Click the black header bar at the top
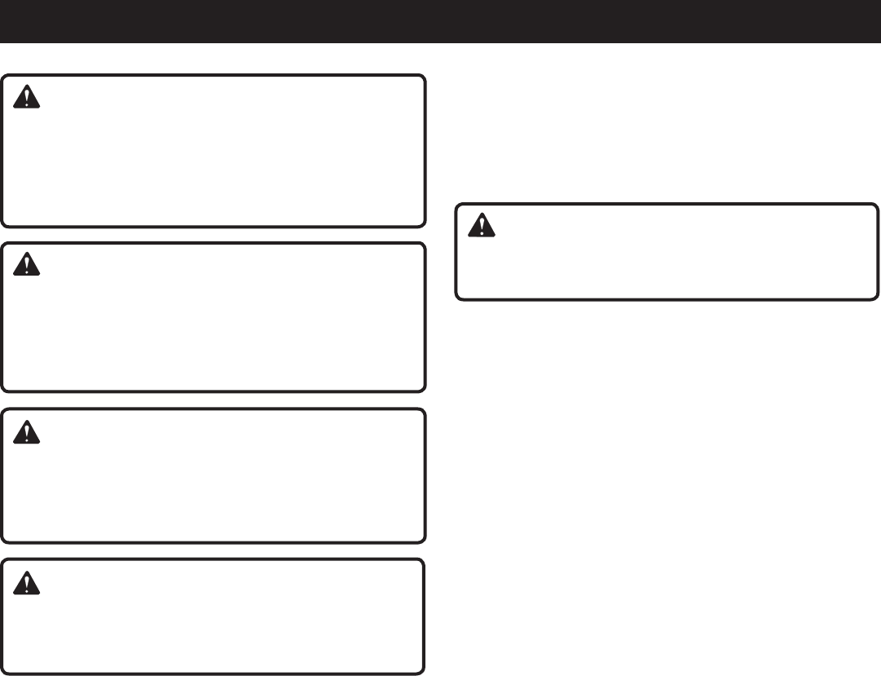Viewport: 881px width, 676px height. (440, 21)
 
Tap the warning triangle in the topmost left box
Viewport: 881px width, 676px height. (28, 99)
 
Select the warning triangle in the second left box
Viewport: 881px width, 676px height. (28, 266)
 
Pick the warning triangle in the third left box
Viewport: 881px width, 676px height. (28, 432)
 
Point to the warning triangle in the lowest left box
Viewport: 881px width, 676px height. (28, 582)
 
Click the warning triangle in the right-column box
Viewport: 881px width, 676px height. (482, 226)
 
